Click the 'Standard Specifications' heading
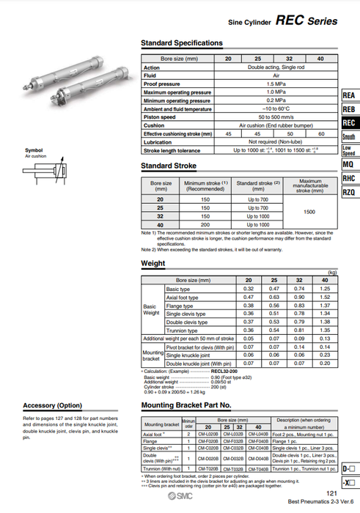pos(181,43)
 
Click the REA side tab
pos(349,96)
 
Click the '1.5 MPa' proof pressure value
pos(276,84)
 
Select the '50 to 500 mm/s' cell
pos(276,117)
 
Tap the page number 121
pos(331,494)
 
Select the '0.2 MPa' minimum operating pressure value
pos(276,100)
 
